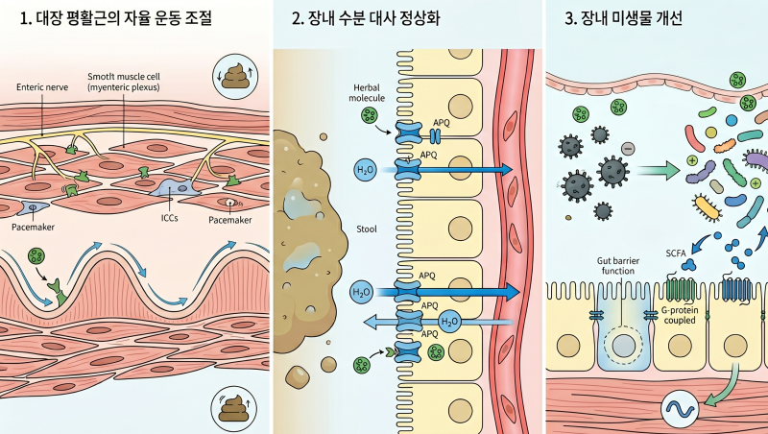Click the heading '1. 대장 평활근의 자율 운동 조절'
(115, 18)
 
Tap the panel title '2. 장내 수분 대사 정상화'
(366, 18)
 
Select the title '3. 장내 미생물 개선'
(623, 18)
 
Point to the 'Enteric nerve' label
(42, 87)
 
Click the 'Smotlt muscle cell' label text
(124, 77)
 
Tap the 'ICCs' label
(170, 218)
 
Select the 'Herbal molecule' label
(367, 92)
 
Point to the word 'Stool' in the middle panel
(367, 229)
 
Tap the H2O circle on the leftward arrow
(450, 322)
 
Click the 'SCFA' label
(676, 253)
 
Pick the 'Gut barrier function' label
(618, 266)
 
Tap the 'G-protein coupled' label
(680, 315)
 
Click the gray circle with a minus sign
(628, 148)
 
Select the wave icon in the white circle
(680, 409)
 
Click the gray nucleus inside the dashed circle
(623, 346)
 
